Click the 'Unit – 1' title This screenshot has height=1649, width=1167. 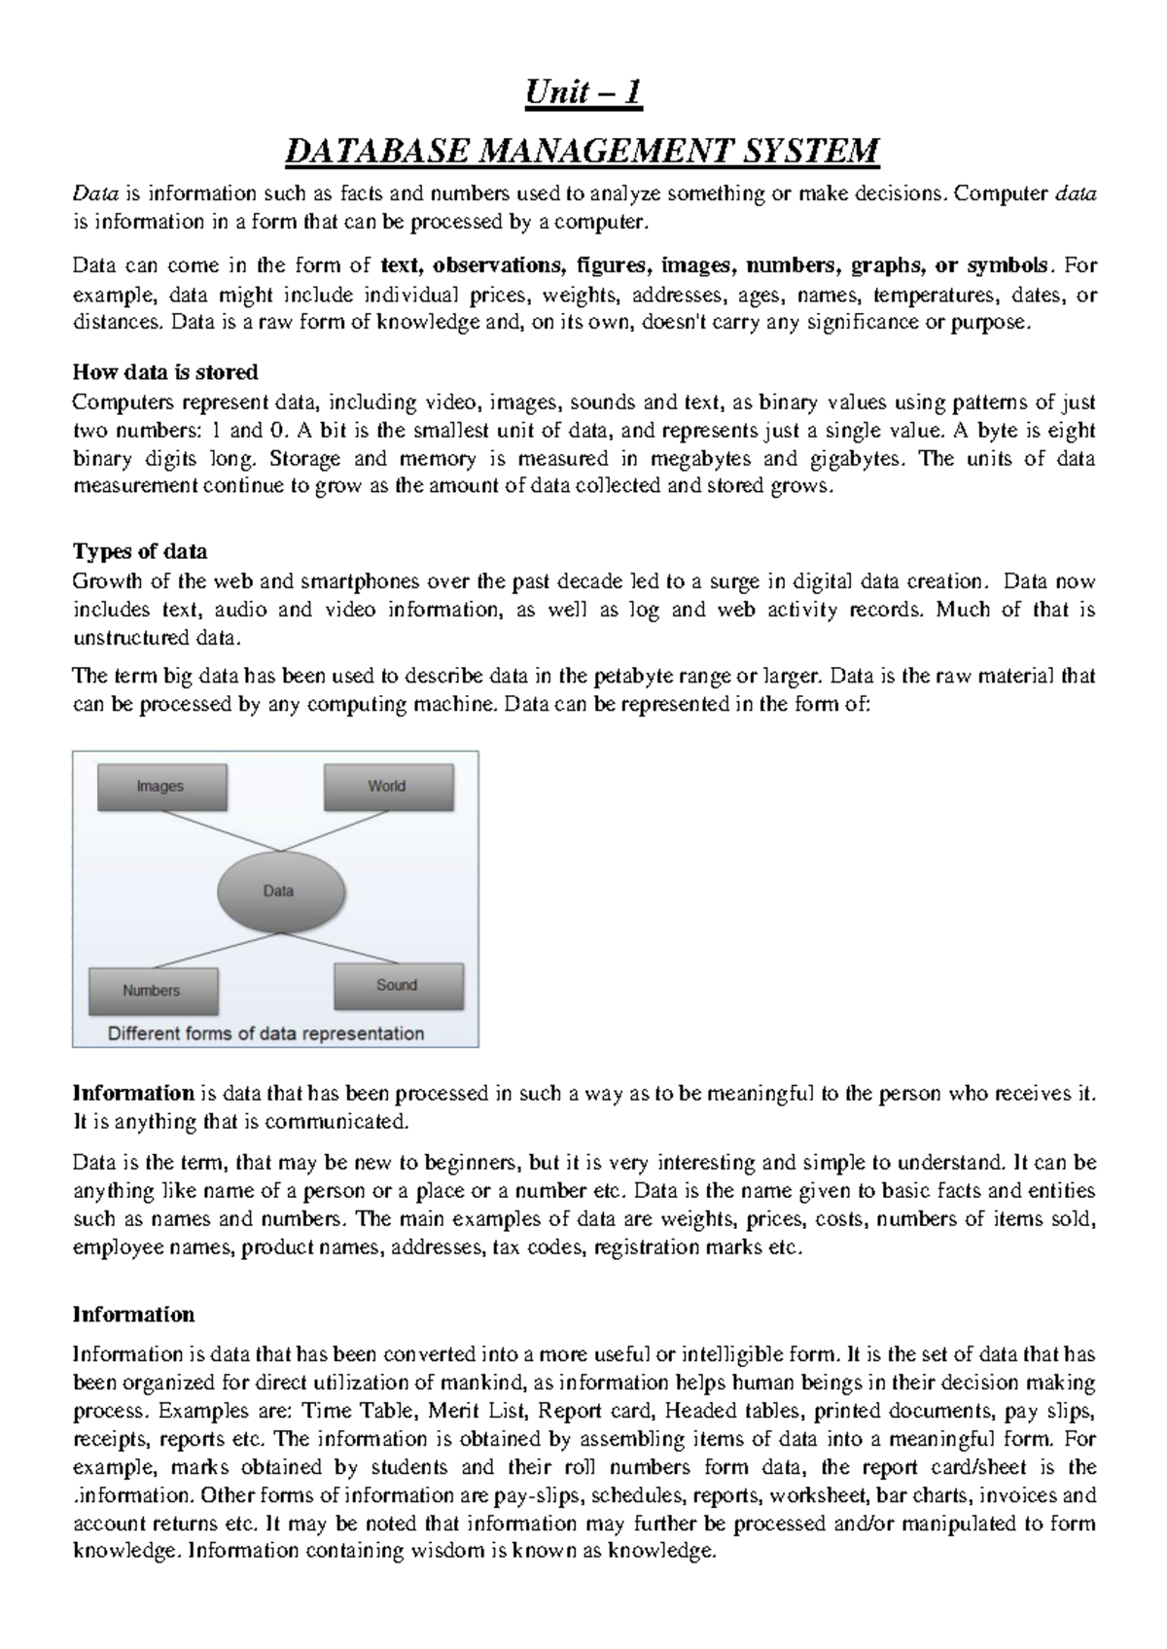pos(583,93)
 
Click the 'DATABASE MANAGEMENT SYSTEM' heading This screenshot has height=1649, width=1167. pos(583,152)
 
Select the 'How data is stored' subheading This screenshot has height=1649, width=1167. pos(165,372)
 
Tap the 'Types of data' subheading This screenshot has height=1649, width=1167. pos(140,551)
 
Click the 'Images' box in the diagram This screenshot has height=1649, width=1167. pos(160,787)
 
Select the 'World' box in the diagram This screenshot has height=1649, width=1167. pos(387,786)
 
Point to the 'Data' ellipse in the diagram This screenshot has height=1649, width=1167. pos(279,891)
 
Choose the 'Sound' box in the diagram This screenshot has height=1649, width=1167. pos(397,985)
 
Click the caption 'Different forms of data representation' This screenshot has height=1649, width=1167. pos(265,1034)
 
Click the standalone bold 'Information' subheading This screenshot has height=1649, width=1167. pos(134,1315)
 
